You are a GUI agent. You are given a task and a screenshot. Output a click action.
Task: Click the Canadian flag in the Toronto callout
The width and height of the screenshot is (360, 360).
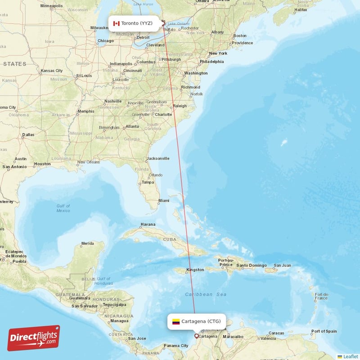(x=116, y=23)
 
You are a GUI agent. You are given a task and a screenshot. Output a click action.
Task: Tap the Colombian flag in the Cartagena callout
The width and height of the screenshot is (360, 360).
(x=176, y=321)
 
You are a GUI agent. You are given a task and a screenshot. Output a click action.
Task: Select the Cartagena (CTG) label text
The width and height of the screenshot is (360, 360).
(x=201, y=321)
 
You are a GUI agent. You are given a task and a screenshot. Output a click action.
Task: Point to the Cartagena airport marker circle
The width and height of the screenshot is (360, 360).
(x=196, y=336)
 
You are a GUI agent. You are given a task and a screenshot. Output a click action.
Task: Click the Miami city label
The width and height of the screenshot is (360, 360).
(x=164, y=200)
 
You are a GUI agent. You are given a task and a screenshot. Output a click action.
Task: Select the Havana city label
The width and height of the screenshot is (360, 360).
(x=148, y=224)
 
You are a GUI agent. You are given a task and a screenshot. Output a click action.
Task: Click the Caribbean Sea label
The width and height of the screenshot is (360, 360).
(x=206, y=294)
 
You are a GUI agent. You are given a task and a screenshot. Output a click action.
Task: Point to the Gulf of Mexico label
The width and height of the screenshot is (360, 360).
(x=63, y=208)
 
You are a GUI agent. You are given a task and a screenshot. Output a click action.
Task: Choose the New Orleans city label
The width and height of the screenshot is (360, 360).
(x=88, y=162)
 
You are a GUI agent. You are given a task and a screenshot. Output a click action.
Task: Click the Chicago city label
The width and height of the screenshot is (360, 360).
(x=105, y=41)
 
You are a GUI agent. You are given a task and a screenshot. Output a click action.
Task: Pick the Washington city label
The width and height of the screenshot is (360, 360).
(x=196, y=73)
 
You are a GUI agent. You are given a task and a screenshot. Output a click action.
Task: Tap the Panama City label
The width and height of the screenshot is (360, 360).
(x=176, y=346)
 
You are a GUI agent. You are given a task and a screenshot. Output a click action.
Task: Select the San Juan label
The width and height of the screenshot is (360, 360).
(x=282, y=265)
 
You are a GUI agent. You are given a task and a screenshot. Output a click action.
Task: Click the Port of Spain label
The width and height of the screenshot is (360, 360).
(x=324, y=331)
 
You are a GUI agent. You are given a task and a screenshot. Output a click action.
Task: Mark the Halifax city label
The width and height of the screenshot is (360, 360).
(x=301, y=9)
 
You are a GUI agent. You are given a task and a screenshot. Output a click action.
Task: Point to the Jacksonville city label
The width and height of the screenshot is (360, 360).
(x=158, y=158)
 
